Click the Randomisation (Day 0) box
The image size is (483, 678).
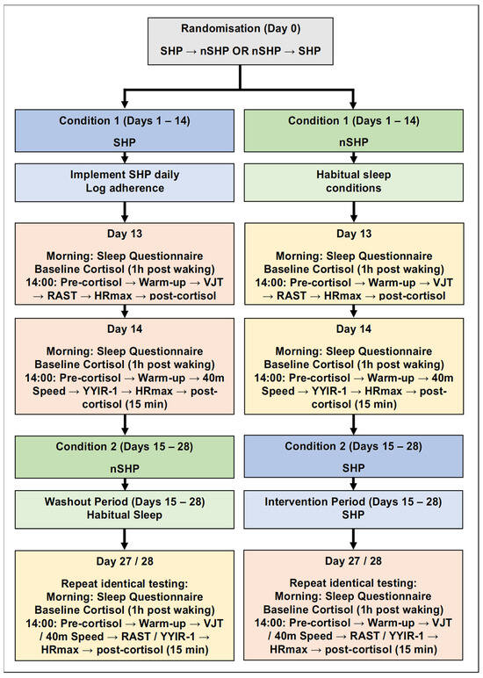coord(241,41)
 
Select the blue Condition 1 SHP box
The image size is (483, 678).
coord(125,131)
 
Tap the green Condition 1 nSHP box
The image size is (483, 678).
coord(354,131)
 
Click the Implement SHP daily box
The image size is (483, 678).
coord(125,182)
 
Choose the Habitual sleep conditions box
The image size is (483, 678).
coord(354,182)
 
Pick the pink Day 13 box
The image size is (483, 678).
coord(125,263)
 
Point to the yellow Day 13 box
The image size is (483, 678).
coord(354,263)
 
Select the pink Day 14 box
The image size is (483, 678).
coord(125,366)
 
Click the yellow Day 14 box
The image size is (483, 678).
coord(354,366)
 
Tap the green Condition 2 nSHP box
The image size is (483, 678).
coord(125,457)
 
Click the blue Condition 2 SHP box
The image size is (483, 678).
coord(353,456)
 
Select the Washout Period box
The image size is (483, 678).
coord(125,508)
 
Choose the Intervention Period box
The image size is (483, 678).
coord(353,508)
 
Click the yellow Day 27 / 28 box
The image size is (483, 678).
coord(125,605)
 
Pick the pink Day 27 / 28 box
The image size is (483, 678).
coord(353,605)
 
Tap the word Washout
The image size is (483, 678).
coord(64,501)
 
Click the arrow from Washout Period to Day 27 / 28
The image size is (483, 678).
coord(125,539)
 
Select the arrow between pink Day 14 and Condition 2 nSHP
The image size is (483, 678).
coord(125,424)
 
